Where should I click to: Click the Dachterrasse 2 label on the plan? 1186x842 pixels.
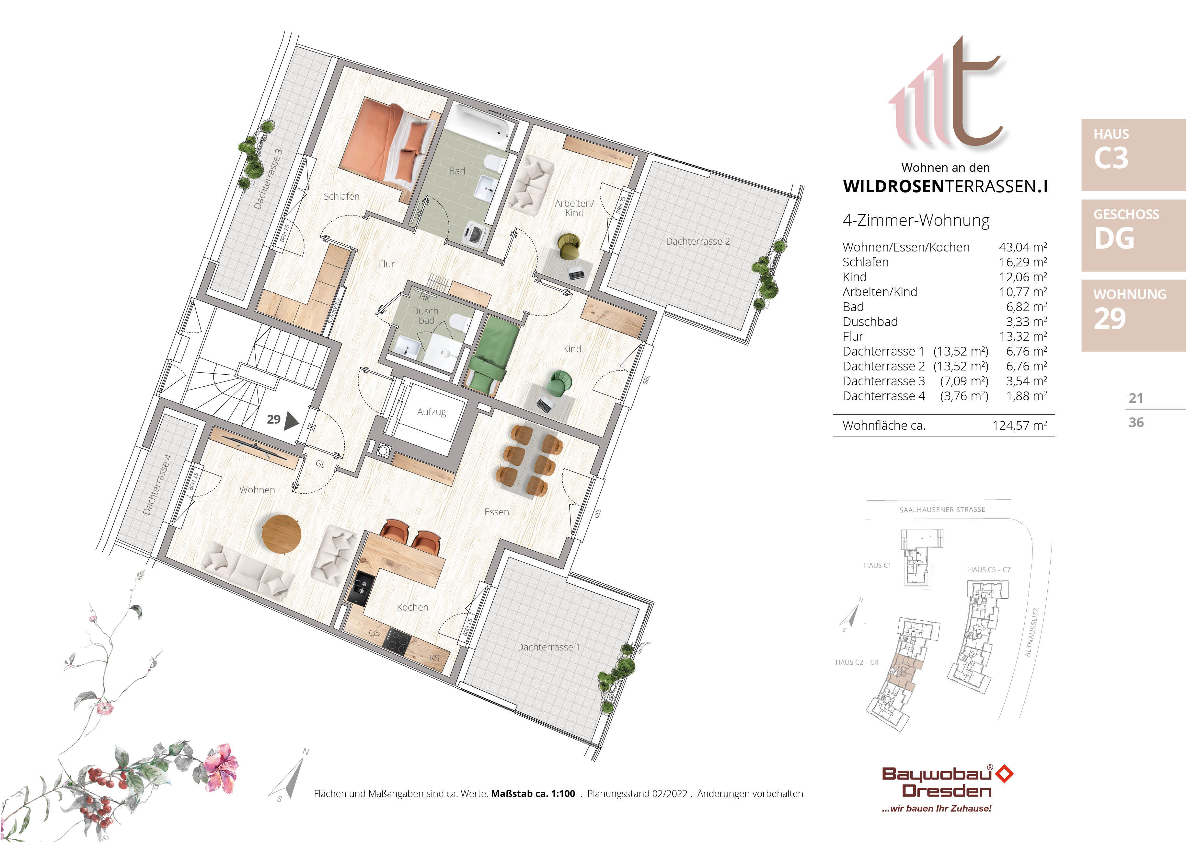(x=697, y=241)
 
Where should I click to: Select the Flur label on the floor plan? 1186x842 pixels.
(x=386, y=264)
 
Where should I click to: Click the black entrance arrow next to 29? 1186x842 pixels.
(x=291, y=420)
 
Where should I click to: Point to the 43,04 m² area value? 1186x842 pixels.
(x=1022, y=247)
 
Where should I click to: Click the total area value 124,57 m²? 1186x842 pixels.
(x=1019, y=426)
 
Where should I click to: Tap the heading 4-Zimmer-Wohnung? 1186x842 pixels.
(x=915, y=220)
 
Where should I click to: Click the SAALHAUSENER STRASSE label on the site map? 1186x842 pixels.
(x=942, y=510)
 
